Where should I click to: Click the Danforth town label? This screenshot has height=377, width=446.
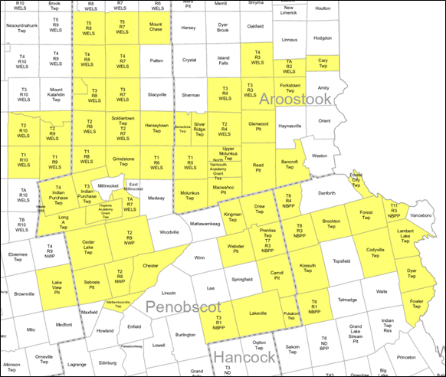point(326,194)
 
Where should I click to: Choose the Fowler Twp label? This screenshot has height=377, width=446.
point(416,303)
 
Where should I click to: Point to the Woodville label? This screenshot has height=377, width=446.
point(169,231)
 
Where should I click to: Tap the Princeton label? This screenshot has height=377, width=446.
point(406,356)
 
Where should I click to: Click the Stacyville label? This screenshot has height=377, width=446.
point(156,94)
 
